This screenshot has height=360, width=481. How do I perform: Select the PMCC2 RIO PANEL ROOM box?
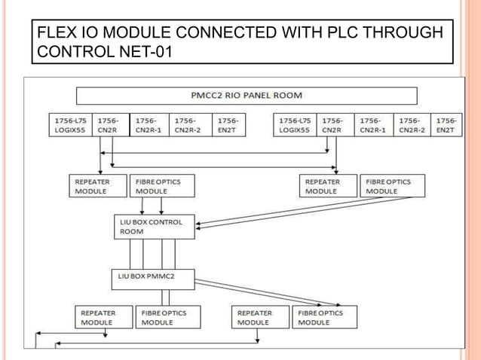click(247, 96)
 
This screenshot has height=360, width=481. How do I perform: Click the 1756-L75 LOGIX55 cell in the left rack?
click(70, 125)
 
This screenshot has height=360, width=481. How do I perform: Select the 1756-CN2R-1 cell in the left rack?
click(149, 125)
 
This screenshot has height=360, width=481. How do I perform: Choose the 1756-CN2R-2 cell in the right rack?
click(412, 125)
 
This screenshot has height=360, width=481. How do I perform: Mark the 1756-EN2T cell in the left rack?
click(229, 125)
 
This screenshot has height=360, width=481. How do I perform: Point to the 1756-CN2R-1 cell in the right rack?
click(375, 125)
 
